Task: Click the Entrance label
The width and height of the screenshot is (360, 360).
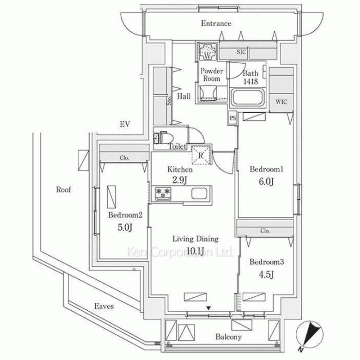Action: tap(216, 24)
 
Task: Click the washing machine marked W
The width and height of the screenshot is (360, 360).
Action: tap(207, 51)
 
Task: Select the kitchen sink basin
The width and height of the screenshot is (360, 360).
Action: tap(199, 194)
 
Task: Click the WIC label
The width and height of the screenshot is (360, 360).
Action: tap(282, 102)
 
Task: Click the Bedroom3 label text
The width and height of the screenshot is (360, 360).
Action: tap(267, 262)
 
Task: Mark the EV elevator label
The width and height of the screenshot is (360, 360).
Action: tap(125, 125)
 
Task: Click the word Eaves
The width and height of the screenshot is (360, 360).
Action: tap(104, 306)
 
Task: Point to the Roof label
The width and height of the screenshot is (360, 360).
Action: tap(63, 189)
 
